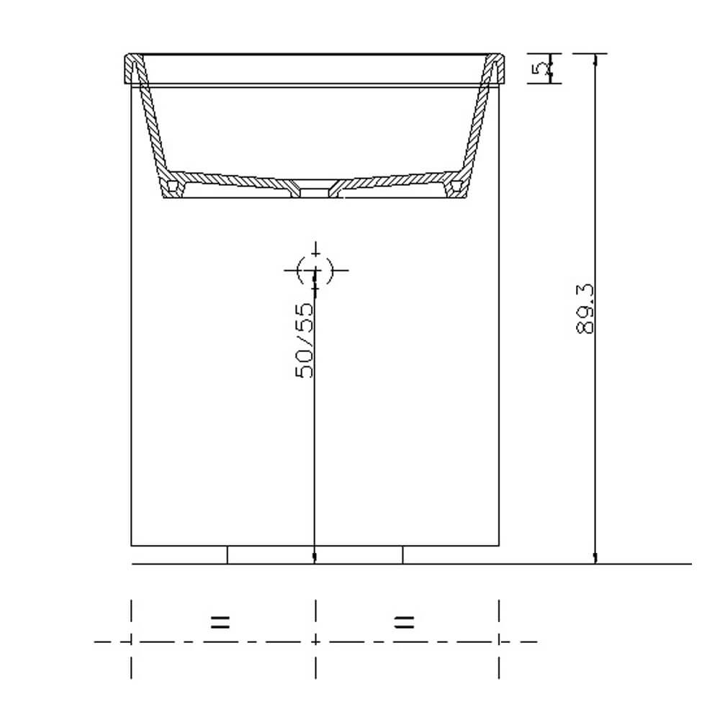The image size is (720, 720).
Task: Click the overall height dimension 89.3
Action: (585, 308)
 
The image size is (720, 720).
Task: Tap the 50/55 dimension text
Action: (305, 340)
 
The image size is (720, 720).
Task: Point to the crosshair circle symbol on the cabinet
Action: (315, 270)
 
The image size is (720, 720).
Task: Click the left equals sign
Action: (220, 622)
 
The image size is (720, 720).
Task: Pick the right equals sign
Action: (405, 622)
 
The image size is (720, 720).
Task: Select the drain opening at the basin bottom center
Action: (315, 189)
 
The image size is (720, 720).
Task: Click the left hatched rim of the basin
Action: (132, 69)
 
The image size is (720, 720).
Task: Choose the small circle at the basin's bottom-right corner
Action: (455, 186)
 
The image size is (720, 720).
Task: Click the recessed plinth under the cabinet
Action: (315, 554)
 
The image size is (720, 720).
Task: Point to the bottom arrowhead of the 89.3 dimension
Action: (595, 558)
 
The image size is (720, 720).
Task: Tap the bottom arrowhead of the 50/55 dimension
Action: (315, 558)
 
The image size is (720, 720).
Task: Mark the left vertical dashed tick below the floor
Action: (131, 639)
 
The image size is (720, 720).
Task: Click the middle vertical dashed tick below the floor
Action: (315, 639)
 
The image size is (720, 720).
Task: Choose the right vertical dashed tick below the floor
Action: (499, 639)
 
